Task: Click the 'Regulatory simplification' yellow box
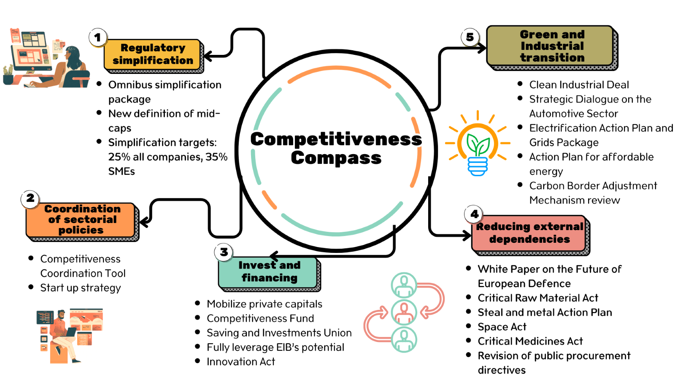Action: point(152,54)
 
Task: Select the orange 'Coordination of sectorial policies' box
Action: point(81,220)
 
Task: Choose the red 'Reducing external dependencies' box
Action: point(529,233)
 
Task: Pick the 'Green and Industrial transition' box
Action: point(551,46)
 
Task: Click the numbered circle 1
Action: point(97,37)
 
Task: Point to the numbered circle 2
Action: point(30,198)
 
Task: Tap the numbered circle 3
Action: point(224,252)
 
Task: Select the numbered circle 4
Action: point(474,214)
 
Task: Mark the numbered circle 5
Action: point(470,37)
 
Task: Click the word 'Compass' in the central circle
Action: point(336,158)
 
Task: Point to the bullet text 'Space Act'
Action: point(502,327)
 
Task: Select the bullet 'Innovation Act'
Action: point(240,362)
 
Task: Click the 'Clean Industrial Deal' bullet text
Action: point(579,85)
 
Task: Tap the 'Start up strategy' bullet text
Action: point(81,288)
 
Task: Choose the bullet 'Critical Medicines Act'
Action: point(530,341)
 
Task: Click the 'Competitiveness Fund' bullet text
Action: point(260,318)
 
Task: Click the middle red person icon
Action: point(404,312)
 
